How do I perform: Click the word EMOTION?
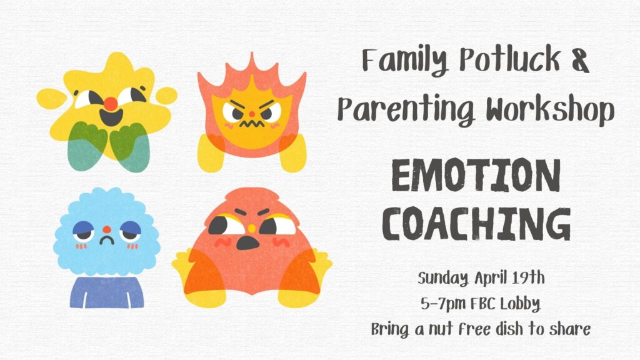tap(476, 176)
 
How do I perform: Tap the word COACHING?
tap(476, 224)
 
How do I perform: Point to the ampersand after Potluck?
tap(579, 60)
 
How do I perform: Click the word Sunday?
tap(443, 279)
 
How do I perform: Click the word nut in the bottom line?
tap(441, 329)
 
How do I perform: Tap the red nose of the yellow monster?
tap(110, 104)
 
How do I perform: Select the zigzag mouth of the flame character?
tap(251, 122)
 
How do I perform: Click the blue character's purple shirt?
tap(106, 292)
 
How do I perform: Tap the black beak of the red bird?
tap(247, 242)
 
